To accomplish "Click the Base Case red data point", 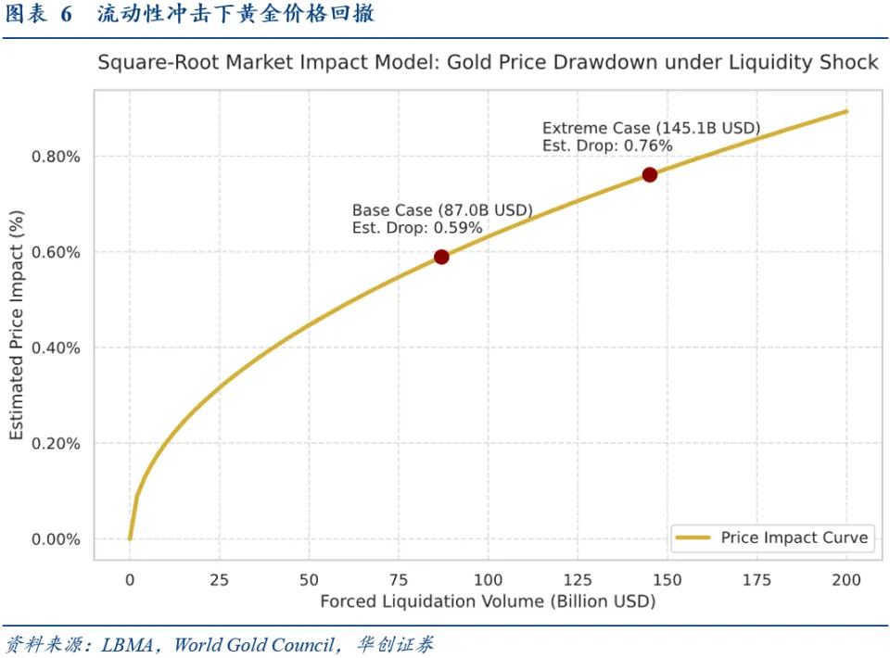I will tap(441, 257).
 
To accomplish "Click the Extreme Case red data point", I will tap(649, 175).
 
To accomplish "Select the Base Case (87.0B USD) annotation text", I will tap(442, 211).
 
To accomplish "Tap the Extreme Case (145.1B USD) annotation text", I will tap(651, 128).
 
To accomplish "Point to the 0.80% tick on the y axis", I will tap(57, 157).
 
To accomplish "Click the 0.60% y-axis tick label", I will tap(57, 252).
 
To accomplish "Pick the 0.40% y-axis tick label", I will tap(57, 348).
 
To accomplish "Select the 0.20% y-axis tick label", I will tap(57, 444).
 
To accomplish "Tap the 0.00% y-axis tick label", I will tap(57, 539).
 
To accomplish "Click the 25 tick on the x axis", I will tap(220, 580).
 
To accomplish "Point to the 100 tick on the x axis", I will tap(489, 580).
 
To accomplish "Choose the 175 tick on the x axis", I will tap(757, 580).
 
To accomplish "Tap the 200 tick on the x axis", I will tap(847, 580).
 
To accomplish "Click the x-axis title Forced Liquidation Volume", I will tap(488, 602).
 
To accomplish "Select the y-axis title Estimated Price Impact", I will tap(17, 324).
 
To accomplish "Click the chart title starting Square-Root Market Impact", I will tap(488, 63).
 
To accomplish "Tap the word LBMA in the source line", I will tap(125, 644).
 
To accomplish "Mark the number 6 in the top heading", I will tap(66, 16).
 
